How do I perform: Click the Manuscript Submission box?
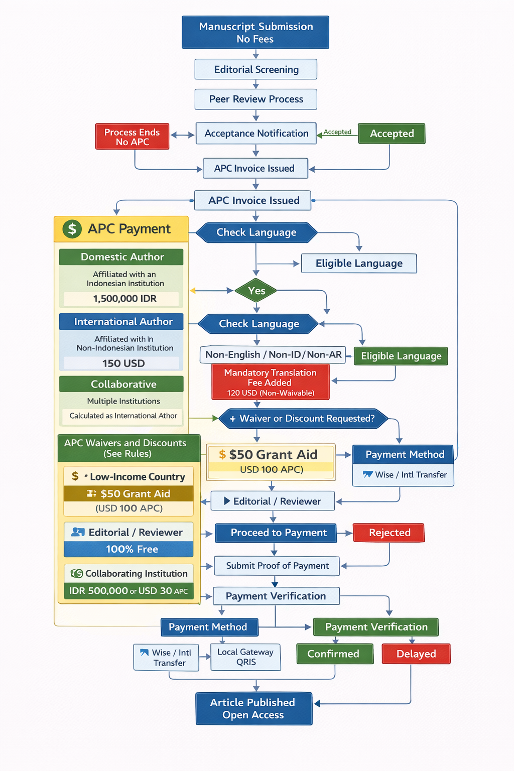(255, 33)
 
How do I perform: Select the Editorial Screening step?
(256, 69)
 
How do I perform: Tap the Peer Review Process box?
(256, 99)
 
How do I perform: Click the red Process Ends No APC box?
(132, 137)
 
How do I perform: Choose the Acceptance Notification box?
(256, 134)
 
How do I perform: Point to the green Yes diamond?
(256, 291)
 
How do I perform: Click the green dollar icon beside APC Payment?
(72, 229)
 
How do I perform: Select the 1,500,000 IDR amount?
(124, 299)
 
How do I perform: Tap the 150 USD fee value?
(123, 363)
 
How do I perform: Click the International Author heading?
(123, 322)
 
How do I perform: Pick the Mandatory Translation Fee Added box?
(270, 382)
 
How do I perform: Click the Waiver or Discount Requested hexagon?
(303, 419)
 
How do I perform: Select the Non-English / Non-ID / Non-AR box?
(273, 355)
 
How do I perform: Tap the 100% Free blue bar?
(132, 549)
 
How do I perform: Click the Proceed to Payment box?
(278, 533)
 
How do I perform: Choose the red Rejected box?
(389, 533)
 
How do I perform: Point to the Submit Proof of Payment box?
(277, 566)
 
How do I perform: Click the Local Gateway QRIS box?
(245, 657)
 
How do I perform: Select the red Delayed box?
(416, 654)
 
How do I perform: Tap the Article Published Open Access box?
(253, 709)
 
